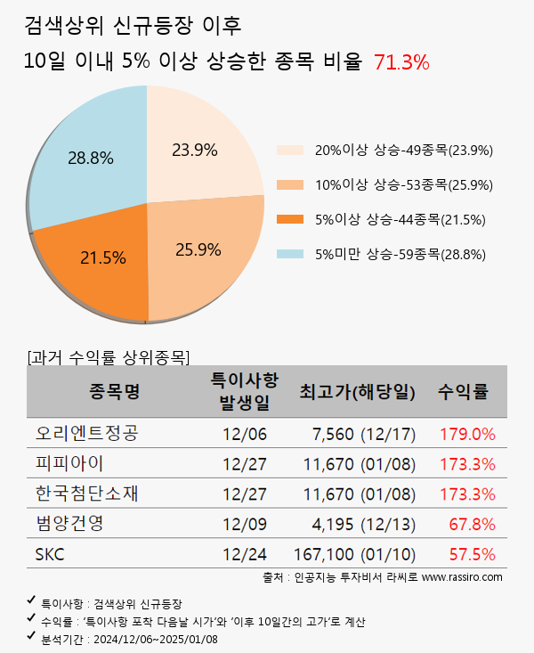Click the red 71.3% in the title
coord(401,62)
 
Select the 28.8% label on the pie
coord(91,159)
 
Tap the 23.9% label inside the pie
coord(195,150)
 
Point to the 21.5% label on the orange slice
coord(102,258)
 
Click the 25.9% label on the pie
coord(198,249)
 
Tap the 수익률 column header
coord(463,392)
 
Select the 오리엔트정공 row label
coord(87,435)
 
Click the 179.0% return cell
coord(467,435)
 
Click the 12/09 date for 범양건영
coord(245,525)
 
